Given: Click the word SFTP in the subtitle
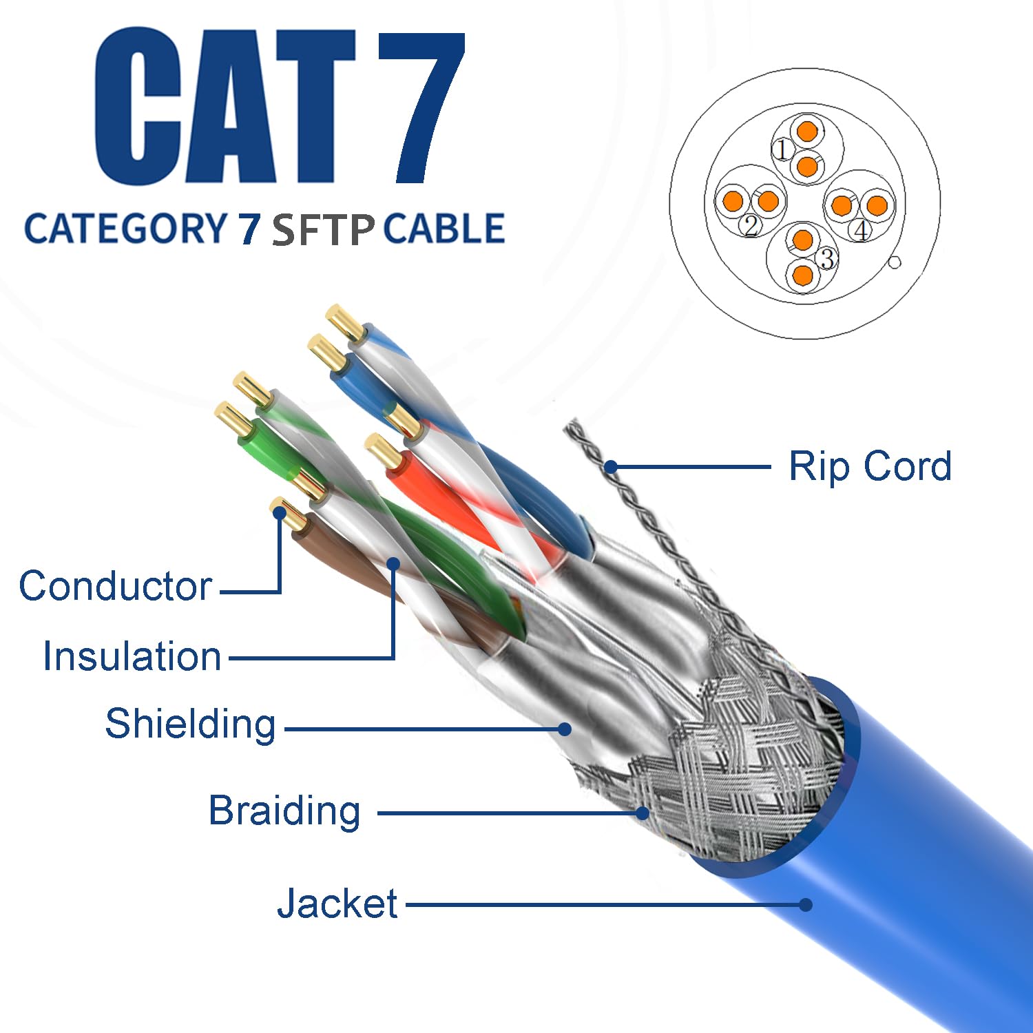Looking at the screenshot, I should [x=323, y=230].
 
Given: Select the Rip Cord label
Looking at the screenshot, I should [x=870, y=466].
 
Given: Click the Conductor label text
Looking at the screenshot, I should [x=115, y=586].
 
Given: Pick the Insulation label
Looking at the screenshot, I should [x=132, y=656].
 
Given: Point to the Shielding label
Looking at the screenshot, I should [x=190, y=724].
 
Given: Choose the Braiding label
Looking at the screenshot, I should [x=284, y=811].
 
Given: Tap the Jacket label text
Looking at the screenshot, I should [x=337, y=903].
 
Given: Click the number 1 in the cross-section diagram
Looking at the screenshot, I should [x=781, y=149].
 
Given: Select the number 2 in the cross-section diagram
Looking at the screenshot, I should [x=751, y=225].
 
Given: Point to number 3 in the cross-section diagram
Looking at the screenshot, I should [x=827, y=258].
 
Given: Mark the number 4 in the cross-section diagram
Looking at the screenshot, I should [x=861, y=230].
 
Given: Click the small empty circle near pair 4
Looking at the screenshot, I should [x=895, y=262].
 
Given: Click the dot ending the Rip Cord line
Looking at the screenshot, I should [x=610, y=468].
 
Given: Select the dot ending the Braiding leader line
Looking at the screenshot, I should [x=642, y=813].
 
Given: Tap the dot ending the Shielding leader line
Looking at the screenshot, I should [x=565, y=729].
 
